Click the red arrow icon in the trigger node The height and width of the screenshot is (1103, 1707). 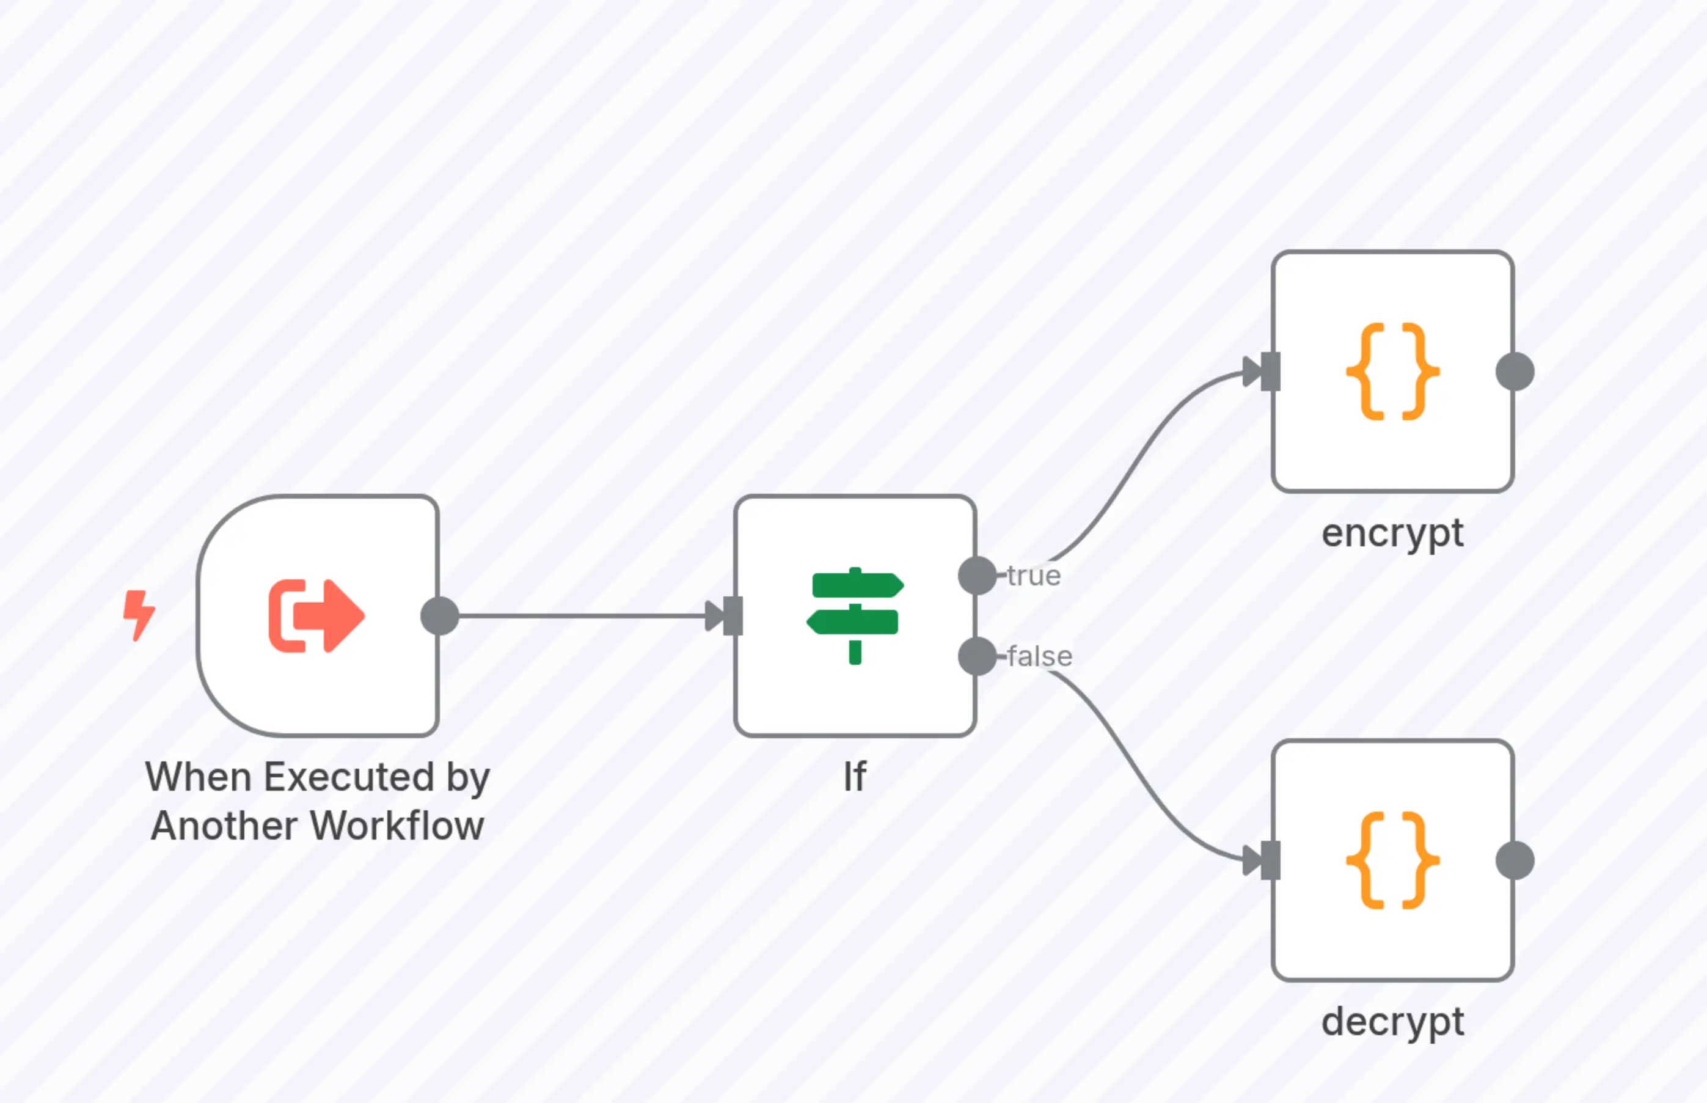[x=316, y=615]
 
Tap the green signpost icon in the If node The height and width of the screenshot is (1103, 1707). [x=855, y=615]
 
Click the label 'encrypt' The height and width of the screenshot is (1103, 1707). [x=1392, y=533]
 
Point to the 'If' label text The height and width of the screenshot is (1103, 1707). [x=855, y=777]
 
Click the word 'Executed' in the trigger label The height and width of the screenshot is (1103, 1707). [x=349, y=777]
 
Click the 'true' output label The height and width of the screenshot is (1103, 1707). [x=1033, y=576]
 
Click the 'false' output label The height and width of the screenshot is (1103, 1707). [x=1039, y=656]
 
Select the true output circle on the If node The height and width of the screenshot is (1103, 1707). [x=977, y=575]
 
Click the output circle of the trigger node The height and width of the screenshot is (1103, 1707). [x=440, y=615]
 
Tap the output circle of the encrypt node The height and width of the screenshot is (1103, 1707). [x=1515, y=371]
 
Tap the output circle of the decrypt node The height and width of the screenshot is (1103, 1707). [x=1515, y=860]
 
